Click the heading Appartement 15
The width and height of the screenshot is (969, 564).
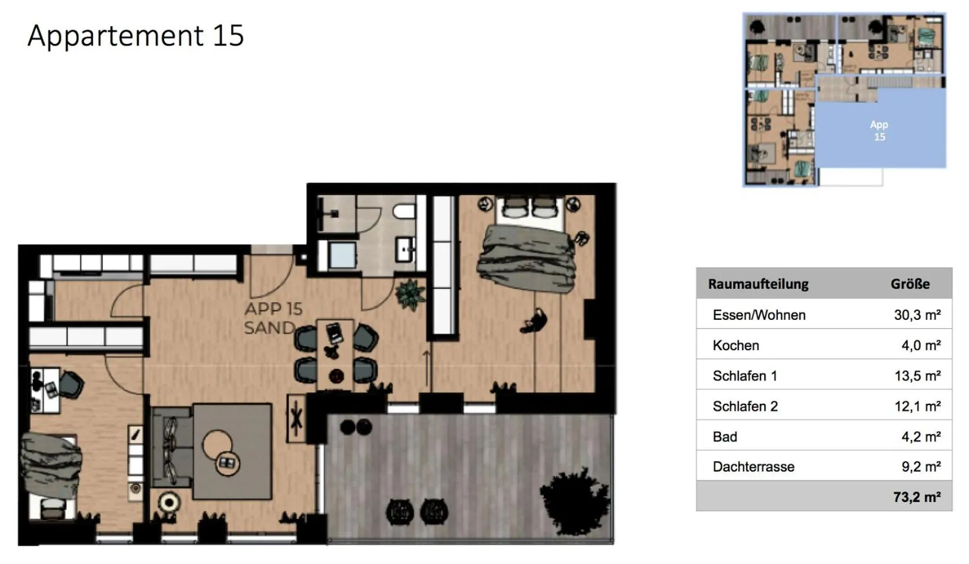point(135,36)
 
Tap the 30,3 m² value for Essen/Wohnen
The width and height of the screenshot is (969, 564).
point(917,315)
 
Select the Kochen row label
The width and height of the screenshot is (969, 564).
point(735,345)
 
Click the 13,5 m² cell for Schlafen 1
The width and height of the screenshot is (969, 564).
point(917,376)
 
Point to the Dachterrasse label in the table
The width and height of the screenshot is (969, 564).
point(753,466)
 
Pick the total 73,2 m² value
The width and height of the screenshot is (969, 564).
point(917,497)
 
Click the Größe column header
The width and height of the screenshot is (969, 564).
point(910,284)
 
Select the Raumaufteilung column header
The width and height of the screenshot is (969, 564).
point(758,284)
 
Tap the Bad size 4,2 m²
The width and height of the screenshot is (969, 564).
point(920,437)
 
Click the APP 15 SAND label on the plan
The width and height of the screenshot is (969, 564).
point(272,318)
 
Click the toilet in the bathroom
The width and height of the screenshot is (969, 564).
point(404,211)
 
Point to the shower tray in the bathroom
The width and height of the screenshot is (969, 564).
point(342,255)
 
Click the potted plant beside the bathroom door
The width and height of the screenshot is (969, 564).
point(410,294)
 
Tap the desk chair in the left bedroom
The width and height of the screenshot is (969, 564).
point(71,384)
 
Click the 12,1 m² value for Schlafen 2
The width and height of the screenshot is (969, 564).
point(917,406)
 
